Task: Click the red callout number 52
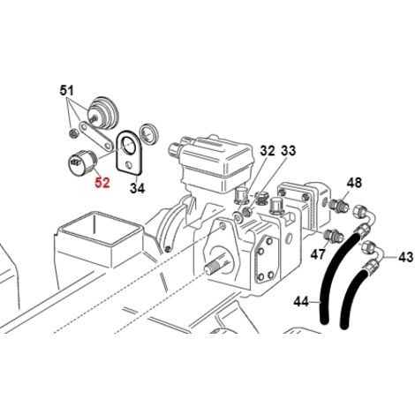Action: pos(102,183)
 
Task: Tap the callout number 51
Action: pos(67,90)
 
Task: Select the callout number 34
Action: pos(138,188)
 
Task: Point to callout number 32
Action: pos(268,151)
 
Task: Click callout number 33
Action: pos(289,151)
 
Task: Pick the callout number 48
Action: pos(354,183)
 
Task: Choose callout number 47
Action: pos(318,254)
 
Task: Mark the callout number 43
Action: pos(406,258)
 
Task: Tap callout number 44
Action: pos(301,302)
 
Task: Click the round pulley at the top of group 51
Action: pos(103,113)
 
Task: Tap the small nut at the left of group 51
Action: pos(73,133)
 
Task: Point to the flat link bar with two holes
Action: pos(96,136)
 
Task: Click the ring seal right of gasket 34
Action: pos(149,133)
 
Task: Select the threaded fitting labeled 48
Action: pos(339,204)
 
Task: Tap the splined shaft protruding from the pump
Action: pos(217,266)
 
